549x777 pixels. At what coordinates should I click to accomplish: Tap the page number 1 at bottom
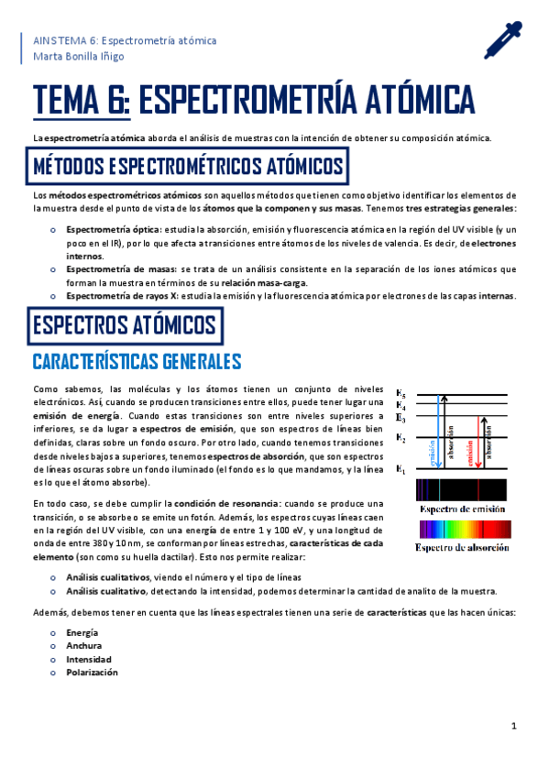click(x=514, y=727)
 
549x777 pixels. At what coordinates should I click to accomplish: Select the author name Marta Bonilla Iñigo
click(x=79, y=56)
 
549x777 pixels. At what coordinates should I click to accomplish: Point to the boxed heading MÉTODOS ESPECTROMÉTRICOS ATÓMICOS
click(x=189, y=167)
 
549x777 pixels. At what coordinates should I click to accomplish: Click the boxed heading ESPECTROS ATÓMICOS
click(x=124, y=325)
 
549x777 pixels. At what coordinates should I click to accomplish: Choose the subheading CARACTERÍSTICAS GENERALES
click(x=137, y=360)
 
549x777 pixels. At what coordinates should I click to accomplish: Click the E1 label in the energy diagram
click(x=400, y=470)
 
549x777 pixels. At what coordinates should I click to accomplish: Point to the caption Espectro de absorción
click(x=458, y=548)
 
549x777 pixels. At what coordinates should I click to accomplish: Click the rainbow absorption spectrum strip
click(x=458, y=530)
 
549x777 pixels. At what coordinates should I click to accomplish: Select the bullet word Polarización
click(x=92, y=672)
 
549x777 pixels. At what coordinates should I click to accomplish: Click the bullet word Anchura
click(x=84, y=646)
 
